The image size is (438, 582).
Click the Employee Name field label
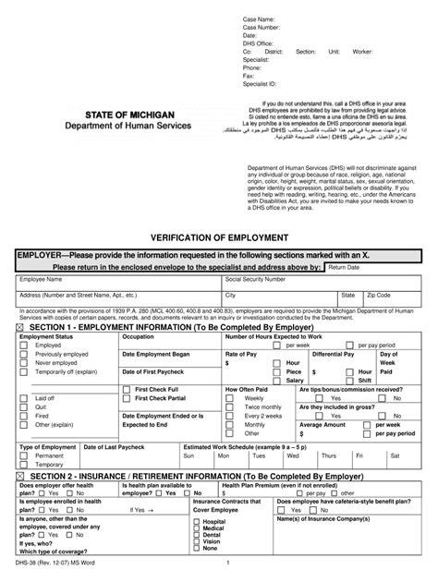coord(43,278)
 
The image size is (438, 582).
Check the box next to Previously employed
coord(24,354)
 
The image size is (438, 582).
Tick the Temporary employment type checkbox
coord(24,465)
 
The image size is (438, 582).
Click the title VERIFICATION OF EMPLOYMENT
coord(218,236)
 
